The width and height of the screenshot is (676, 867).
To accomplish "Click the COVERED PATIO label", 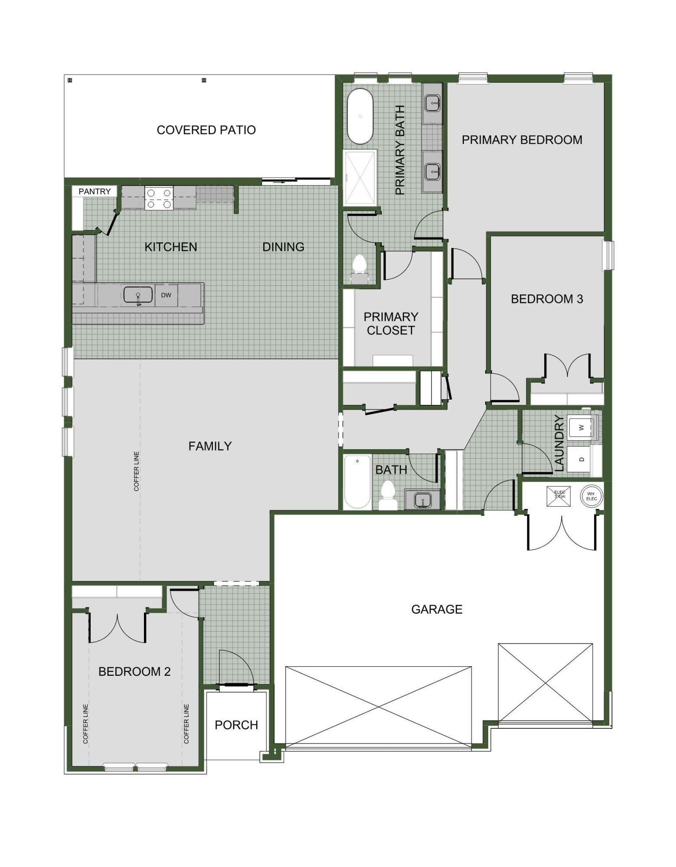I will click(x=206, y=130).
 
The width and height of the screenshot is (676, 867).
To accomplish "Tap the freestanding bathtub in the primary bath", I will click(x=360, y=116).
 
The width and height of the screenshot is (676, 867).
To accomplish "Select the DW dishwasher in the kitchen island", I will click(x=166, y=295).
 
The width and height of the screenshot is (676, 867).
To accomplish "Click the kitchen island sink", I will click(x=138, y=295).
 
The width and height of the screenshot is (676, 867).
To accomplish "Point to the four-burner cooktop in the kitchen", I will click(x=159, y=198).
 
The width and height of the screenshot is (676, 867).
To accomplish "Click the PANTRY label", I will click(x=95, y=191).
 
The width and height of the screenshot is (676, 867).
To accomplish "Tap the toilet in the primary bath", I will click(x=359, y=265).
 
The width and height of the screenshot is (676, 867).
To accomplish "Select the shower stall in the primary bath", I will click(x=360, y=178).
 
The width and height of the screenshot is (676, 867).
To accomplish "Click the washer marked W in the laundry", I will click(x=581, y=427).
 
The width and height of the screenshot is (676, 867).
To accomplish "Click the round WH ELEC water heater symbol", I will click(x=591, y=496).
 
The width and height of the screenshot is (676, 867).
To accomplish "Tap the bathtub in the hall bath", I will click(x=357, y=482).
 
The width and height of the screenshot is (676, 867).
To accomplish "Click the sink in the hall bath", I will click(x=422, y=500).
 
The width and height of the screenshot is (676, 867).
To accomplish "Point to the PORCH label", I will click(x=236, y=725).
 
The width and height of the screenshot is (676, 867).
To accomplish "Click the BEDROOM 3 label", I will click(x=546, y=299).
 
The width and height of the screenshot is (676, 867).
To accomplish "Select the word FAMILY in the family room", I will click(x=210, y=446).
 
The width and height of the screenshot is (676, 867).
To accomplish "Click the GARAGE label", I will click(x=437, y=610).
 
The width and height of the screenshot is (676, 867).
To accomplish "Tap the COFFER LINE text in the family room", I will click(x=137, y=471).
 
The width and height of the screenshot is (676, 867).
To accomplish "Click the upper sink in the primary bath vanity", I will click(x=432, y=103).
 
